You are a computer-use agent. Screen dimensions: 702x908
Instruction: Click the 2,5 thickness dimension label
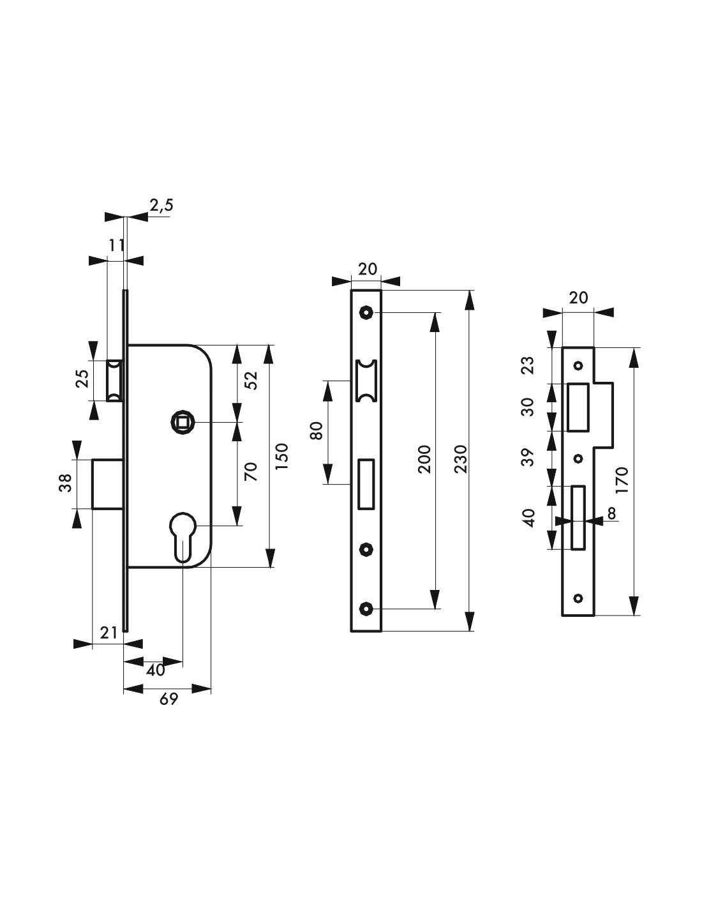161,206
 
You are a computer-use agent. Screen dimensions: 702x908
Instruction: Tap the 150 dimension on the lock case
282,456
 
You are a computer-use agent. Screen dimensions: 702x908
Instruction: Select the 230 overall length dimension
461,459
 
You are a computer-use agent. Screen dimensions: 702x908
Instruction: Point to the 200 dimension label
424,459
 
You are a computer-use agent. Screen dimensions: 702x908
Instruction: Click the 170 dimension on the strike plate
622,480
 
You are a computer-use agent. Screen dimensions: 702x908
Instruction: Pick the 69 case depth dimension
168,699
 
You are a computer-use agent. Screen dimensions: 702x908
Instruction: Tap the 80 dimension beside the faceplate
317,431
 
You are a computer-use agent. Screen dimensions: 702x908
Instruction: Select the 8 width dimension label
611,513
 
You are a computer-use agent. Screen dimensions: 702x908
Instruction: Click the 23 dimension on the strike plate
528,365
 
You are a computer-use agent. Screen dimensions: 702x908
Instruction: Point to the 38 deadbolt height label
66,483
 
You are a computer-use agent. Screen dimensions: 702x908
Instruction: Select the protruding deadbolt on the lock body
108,484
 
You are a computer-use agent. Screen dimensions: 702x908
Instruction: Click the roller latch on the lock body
114,380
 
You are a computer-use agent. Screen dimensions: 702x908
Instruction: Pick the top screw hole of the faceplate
366,312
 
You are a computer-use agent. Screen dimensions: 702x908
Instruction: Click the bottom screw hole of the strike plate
578,598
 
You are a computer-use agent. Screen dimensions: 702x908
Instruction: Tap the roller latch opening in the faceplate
366,380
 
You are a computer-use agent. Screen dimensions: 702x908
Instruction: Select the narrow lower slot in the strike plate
578,517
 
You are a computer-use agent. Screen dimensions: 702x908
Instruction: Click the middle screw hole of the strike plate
578,459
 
